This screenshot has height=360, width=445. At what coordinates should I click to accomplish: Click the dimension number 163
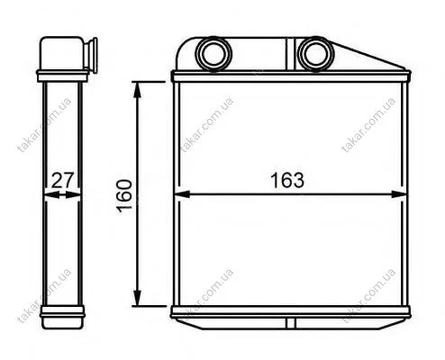click(287, 180)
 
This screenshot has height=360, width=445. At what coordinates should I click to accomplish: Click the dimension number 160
click(125, 196)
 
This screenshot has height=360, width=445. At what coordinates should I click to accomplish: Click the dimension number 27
click(62, 180)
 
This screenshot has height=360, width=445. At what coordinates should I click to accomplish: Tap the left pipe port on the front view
click(213, 54)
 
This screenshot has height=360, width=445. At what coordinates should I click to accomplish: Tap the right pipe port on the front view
click(315, 54)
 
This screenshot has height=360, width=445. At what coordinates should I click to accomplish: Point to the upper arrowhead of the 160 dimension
click(137, 89)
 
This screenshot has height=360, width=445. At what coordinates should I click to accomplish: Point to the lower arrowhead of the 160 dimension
click(137, 298)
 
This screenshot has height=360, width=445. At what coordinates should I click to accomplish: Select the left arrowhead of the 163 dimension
click(182, 194)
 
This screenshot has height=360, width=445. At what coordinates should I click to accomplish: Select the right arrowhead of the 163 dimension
click(399, 194)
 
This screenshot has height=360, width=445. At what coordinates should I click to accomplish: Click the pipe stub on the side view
click(92, 55)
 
